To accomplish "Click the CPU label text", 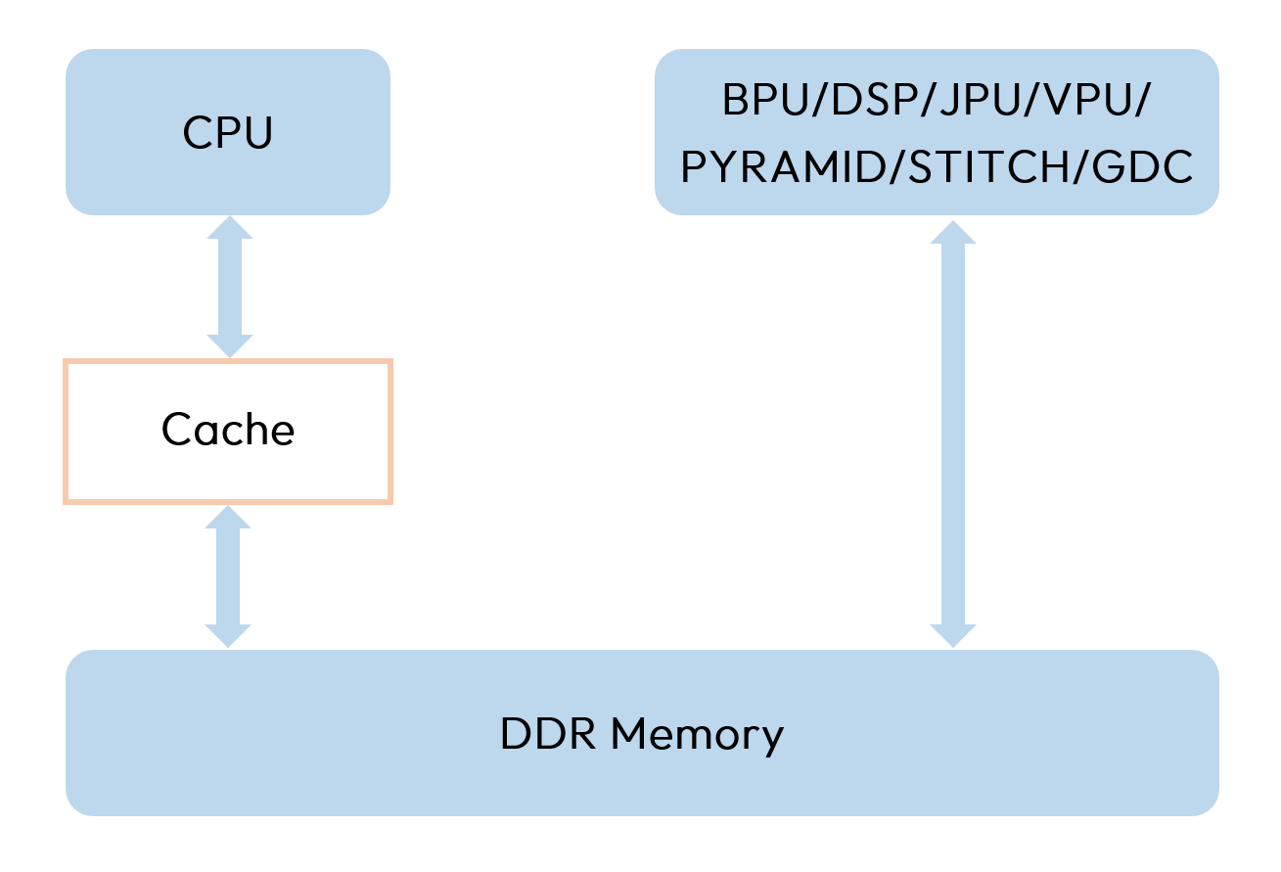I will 227,133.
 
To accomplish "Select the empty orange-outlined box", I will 228,432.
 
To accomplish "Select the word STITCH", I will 987,167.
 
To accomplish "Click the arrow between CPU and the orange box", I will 229,287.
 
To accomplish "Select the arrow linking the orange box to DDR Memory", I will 228,576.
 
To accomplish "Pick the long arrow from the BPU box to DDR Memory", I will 951,431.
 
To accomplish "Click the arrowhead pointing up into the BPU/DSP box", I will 951,231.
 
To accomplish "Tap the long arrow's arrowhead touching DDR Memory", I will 951,634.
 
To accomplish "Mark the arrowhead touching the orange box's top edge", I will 229,345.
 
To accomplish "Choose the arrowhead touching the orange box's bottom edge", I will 228,518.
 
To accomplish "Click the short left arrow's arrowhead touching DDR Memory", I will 228,634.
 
